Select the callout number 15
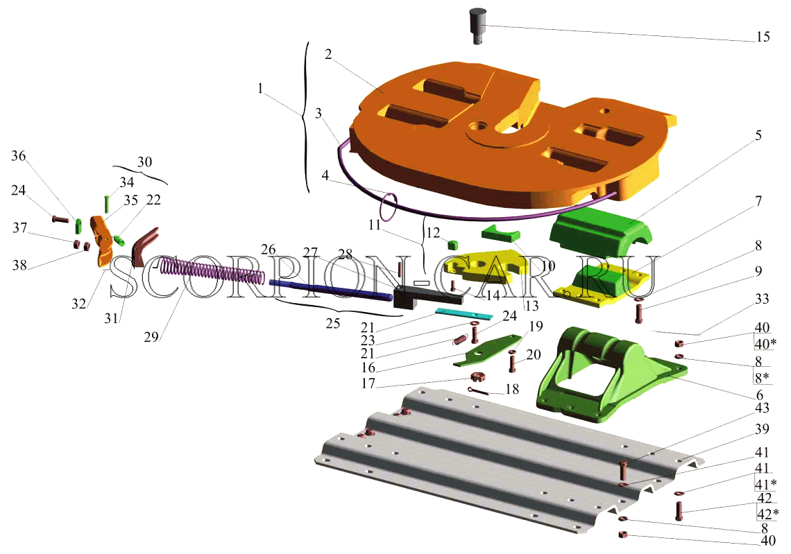click(x=763, y=37)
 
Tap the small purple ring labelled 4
click(x=389, y=207)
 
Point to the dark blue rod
click(x=330, y=291)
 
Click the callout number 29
click(x=151, y=337)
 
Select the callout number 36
click(x=18, y=156)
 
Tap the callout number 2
click(x=328, y=54)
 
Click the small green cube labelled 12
click(x=452, y=245)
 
